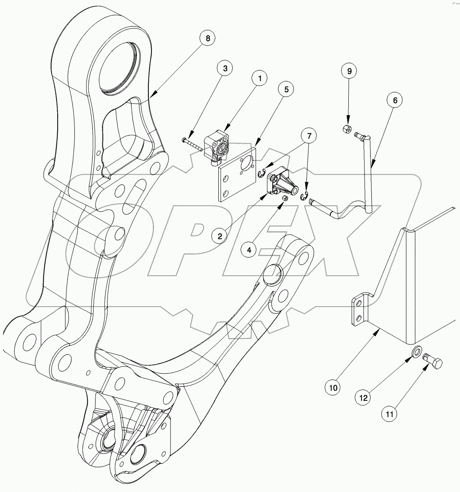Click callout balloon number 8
click(208, 38)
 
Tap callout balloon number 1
click(260, 79)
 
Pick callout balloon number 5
click(286, 89)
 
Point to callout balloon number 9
click(349, 71)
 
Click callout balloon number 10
click(334, 387)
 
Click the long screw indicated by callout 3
click(192, 143)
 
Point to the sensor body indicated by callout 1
click(217, 147)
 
